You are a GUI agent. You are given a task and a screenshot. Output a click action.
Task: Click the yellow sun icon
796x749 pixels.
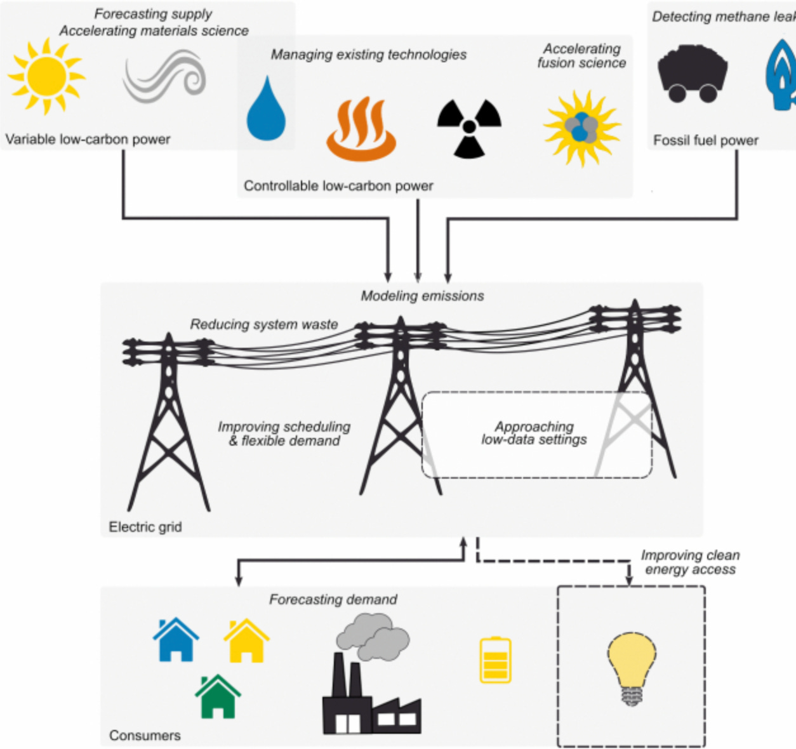(46, 77)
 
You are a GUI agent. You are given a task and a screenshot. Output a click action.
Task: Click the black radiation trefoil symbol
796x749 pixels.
(469, 128)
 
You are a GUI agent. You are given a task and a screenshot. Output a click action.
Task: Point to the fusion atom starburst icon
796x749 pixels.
(581, 128)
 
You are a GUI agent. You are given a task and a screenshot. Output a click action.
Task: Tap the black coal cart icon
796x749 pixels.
(692, 73)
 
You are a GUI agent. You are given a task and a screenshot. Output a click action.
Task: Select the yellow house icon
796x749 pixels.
(246, 640)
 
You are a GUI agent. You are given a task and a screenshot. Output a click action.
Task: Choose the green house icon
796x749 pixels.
(218, 696)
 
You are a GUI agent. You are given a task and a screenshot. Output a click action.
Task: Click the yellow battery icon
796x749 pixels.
(495, 660)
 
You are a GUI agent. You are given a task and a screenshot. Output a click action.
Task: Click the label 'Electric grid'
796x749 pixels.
(145, 527)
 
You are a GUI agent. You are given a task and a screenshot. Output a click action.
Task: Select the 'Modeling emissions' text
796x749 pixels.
(422, 296)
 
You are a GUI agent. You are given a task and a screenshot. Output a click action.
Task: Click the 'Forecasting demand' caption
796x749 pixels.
(333, 599)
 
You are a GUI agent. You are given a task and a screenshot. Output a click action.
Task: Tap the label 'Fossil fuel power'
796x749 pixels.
(706, 140)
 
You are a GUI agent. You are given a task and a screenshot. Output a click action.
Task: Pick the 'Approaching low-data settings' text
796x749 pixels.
(534, 433)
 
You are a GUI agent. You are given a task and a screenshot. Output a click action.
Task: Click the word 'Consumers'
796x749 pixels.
(145, 735)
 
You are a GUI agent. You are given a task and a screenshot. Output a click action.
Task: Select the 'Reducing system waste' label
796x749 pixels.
(264, 324)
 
